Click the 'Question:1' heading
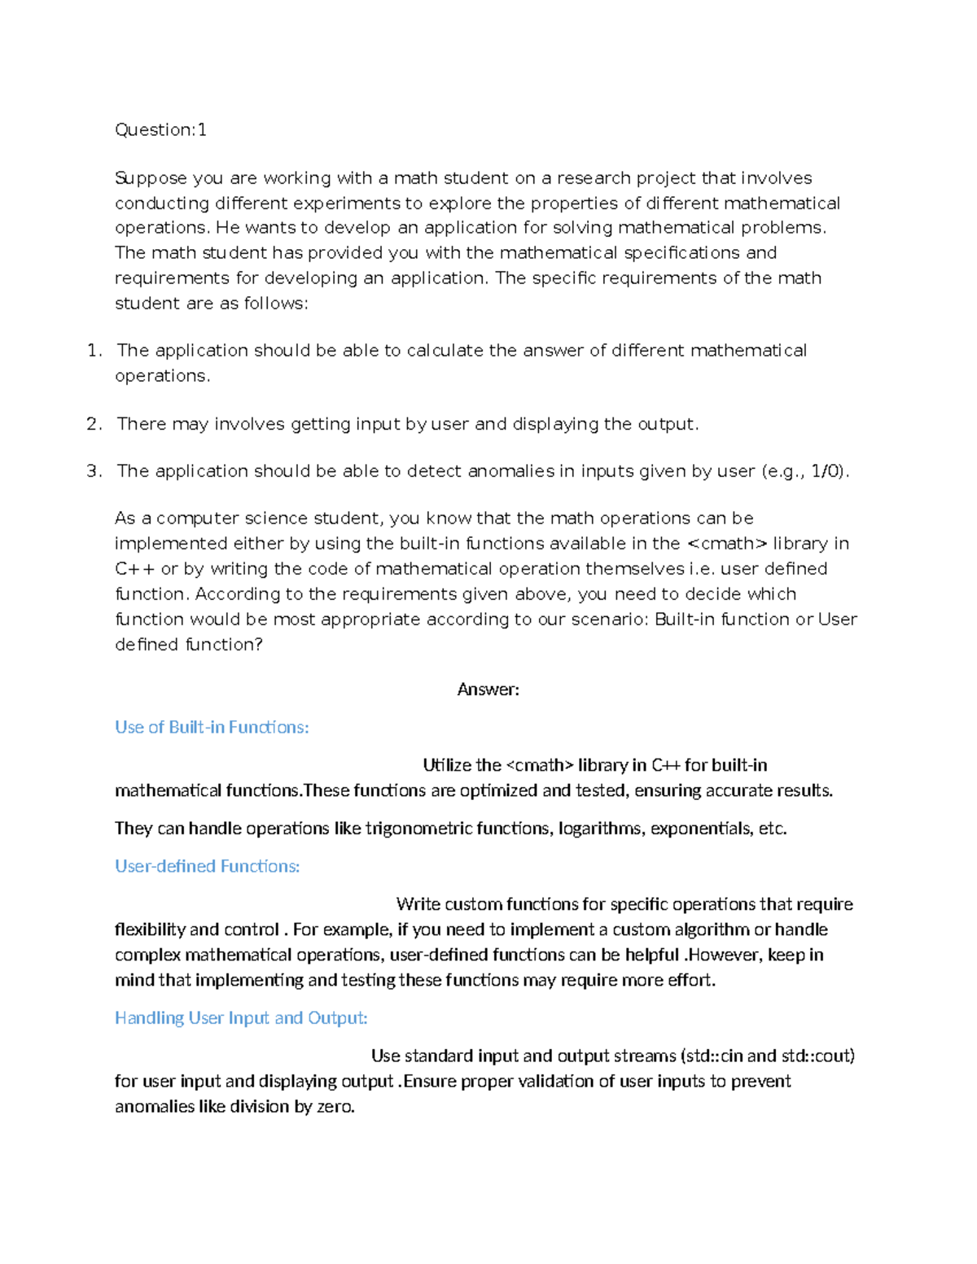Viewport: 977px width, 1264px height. pos(160,129)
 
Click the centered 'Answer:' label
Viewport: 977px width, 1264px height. pos(488,689)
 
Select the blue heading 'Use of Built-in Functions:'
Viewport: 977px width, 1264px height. pos(212,727)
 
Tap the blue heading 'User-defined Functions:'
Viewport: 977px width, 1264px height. pos(207,866)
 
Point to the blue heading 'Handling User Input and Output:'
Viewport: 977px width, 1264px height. pos(241,1017)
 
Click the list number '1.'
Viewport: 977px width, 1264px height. pos(94,351)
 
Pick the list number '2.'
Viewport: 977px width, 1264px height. pos(94,424)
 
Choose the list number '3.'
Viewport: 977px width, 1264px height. pos(94,471)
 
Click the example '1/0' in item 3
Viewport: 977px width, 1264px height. pos(826,471)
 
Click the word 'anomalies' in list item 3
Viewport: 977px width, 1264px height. pos(510,471)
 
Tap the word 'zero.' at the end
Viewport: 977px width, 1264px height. pos(335,1106)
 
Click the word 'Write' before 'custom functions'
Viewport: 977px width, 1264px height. pos(418,904)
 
